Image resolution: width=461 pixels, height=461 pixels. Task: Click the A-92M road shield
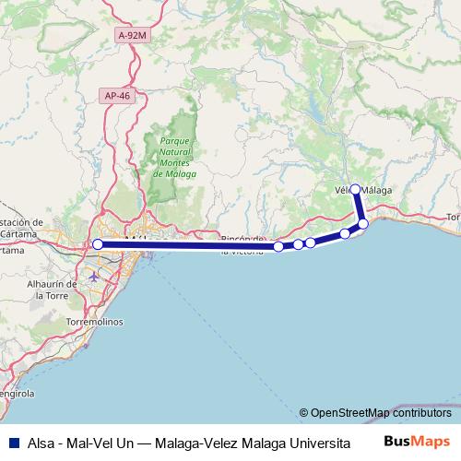[131, 34]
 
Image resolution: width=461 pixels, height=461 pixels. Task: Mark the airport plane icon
[94, 276]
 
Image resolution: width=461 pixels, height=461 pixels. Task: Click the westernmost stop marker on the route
[97, 244]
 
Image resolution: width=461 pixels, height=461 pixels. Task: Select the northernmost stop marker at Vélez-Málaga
[355, 188]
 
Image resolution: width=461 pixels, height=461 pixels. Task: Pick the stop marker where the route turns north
[363, 224]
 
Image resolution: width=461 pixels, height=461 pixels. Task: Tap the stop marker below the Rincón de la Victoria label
[278, 246]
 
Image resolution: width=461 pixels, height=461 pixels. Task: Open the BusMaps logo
[417, 441]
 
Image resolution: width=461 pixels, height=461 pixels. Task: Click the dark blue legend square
[11, 442]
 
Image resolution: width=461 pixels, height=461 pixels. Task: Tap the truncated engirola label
[17, 394]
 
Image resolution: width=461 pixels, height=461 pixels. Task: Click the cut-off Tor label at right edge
[452, 218]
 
